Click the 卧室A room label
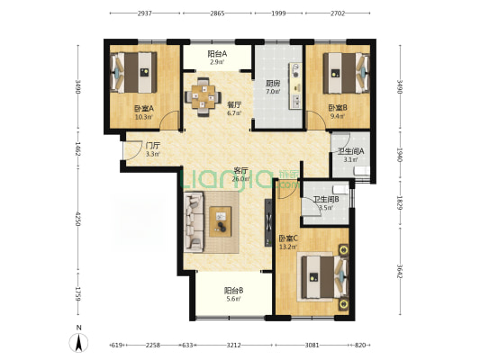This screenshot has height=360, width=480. (x=143, y=108)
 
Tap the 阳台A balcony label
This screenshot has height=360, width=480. (x=217, y=54)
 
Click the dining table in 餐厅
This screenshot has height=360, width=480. (x=202, y=97)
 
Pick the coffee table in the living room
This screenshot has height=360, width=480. (x=220, y=221)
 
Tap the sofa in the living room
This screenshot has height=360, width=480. (x=194, y=222)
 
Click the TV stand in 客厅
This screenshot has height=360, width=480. (x=268, y=222)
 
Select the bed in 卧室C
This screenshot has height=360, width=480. (x=325, y=277)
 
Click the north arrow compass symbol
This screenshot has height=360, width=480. (x=79, y=342)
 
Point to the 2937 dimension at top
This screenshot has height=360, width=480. (x=145, y=13)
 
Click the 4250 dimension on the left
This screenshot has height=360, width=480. (x=77, y=219)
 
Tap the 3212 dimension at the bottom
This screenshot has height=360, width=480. (x=233, y=345)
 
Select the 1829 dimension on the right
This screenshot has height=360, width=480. (x=400, y=202)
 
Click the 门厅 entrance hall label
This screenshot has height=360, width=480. (x=153, y=145)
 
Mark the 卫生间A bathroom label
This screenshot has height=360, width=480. (x=351, y=151)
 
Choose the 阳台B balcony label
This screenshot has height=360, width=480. (x=234, y=290)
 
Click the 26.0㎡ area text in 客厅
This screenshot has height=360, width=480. (x=240, y=179)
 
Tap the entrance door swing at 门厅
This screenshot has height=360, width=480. (x=132, y=150)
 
